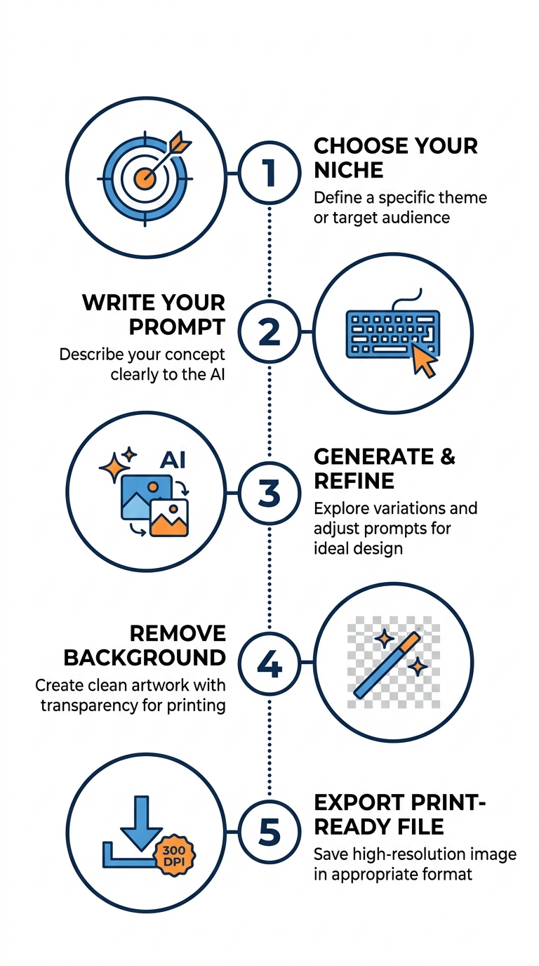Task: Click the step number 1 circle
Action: point(269,173)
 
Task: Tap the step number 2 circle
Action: point(269,331)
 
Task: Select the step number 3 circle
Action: point(269,493)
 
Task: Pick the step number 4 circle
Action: point(269,663)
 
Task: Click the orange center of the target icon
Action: point(145,178)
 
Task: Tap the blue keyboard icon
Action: point(392,334)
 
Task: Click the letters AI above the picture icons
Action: point(173,460)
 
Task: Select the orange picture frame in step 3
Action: point(169,517)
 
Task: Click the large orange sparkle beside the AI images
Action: point(114,468)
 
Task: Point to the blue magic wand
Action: point(387,665)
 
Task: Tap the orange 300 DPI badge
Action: point(174,856)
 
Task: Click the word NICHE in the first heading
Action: point(348,170)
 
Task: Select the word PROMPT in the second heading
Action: point(177,327)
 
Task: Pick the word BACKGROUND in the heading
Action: point(145,658)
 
